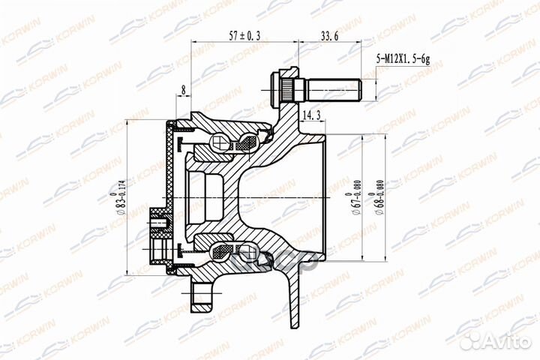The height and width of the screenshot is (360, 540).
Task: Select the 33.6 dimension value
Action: tap(331, 34)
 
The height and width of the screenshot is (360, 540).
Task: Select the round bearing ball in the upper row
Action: tap(221, 142)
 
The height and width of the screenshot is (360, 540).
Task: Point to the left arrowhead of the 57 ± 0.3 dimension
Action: tap(196, 41)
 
